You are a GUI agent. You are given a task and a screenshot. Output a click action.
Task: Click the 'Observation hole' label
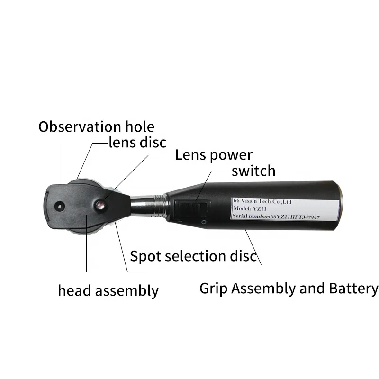tap(96, 127)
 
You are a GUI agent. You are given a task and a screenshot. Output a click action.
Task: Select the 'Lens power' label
tap(214, 155)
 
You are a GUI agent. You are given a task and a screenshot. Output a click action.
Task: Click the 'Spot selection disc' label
tap(193, 256)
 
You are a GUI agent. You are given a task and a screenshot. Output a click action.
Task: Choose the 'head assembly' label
tap(108, 290)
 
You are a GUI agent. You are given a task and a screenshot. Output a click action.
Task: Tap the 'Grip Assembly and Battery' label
tap(289, 289)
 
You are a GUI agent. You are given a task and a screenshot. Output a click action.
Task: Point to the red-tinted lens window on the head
tap(100, 205)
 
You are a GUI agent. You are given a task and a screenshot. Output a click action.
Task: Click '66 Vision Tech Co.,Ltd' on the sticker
tap(262, 201)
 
